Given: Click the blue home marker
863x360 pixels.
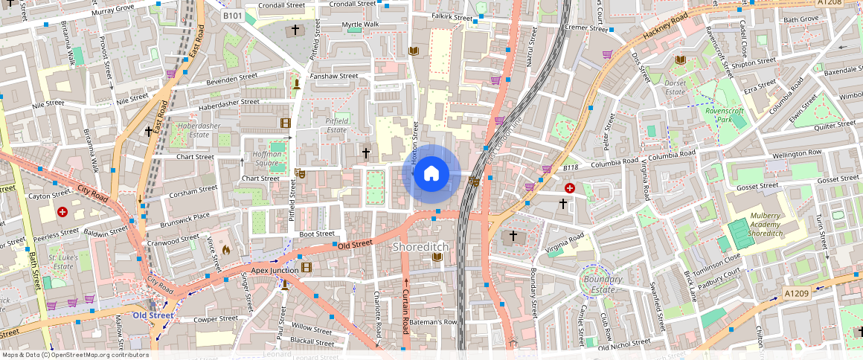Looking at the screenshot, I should pyautogui.click(x=431, y=173).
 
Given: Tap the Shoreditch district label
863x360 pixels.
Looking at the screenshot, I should pyautogui.click(x=421, y=246).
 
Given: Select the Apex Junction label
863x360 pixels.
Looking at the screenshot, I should pyautogui.click(x=275, y=270).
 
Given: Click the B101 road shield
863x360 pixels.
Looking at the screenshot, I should pyautogui.click(x=233, y=15).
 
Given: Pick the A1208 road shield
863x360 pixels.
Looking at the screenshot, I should pyautogui.click(x=830, y=3).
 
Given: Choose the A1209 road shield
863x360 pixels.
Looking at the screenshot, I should pyautogui.click(x=797, y=295).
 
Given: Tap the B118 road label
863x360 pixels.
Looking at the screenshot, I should pyautogui.click(x=570, y=168).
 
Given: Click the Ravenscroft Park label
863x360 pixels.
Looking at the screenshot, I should pyautogui.click(x=724, y=115).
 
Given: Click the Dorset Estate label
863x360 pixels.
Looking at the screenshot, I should pyautogui.click(x=675, y=88).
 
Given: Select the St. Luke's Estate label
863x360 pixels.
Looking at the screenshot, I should pyautogui.click(x=63, y=262).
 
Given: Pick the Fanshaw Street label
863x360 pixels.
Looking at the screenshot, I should pyautogui.click(x=334, y=76).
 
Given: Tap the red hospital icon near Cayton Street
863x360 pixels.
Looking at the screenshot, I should pyautogui.click(x=62, y=212).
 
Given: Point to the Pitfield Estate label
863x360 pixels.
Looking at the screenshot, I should pyautogui.click(x=341, y=125).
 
